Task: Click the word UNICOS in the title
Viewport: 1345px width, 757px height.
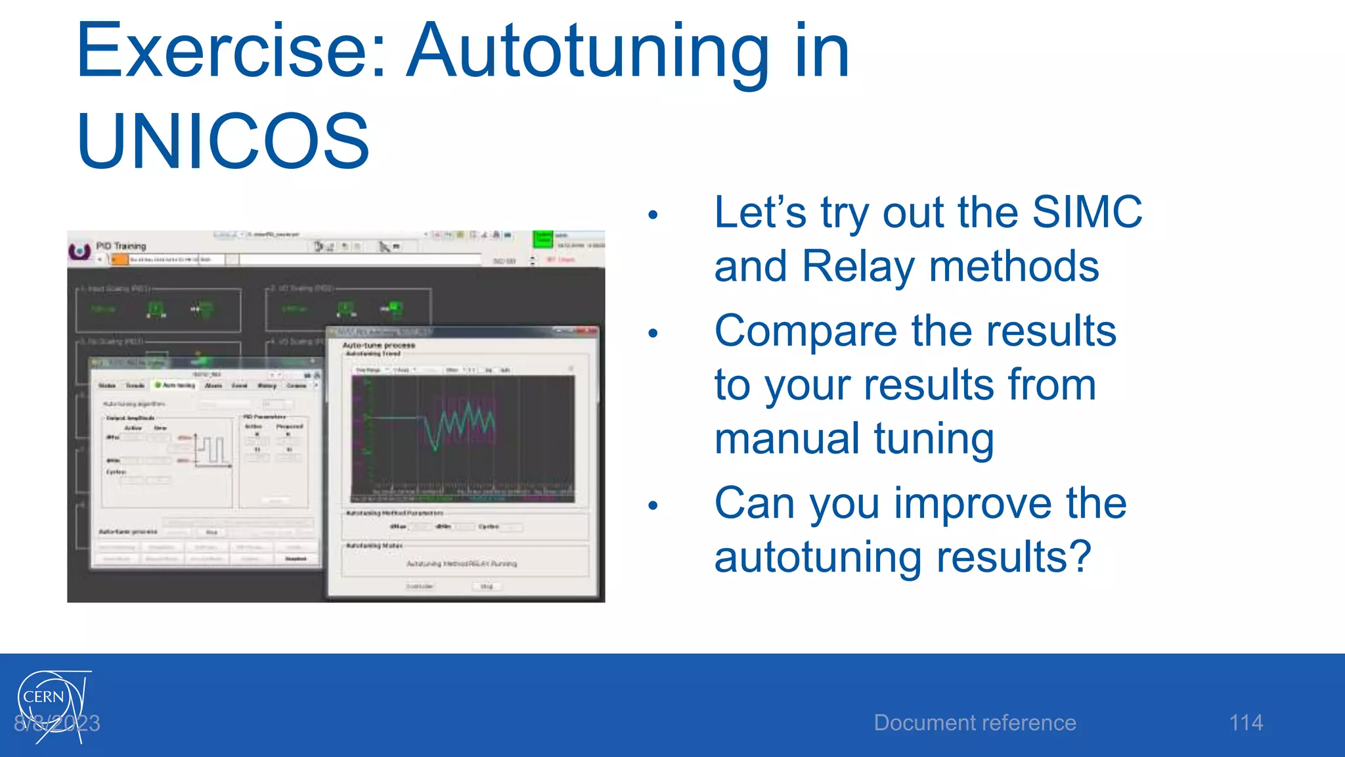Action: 223,141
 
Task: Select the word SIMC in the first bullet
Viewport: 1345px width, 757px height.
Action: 1086,212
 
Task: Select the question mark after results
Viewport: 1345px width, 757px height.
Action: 1080,557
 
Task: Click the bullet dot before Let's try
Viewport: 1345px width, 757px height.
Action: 652,214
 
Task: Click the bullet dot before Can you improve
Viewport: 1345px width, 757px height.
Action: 652,505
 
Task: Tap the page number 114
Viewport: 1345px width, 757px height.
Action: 1245,723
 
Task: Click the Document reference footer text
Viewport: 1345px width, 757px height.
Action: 975,723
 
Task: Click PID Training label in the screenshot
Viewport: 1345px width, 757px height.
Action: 121,246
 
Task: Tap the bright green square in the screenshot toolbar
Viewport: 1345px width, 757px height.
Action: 542,239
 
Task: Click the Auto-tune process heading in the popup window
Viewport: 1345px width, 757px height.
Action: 378,345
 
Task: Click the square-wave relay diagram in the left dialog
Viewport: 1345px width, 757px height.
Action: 212,451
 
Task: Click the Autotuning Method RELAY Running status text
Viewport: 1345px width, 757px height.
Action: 461,564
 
